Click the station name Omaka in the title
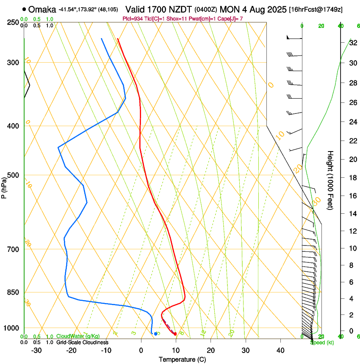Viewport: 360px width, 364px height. [43, 9]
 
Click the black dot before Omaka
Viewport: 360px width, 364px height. [25, 9]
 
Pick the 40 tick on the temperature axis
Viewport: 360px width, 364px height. [280, 350]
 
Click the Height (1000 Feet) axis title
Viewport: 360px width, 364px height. [331, 180]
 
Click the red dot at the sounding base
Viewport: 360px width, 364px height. [175, 334]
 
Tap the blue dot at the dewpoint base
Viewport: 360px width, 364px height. [155, 334]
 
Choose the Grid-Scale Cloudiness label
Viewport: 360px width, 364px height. [82, 342]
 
